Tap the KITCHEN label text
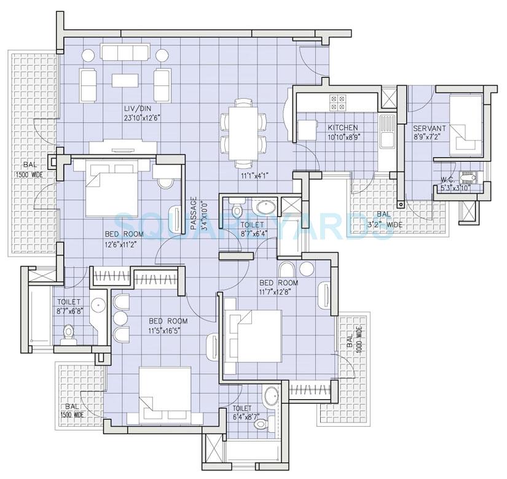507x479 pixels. (342, 127)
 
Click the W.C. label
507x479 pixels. (447, 180)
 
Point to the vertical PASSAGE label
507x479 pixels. (194, 213)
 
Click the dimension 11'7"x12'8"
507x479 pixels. (278, 292)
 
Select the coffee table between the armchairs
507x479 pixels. (125, 80)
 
